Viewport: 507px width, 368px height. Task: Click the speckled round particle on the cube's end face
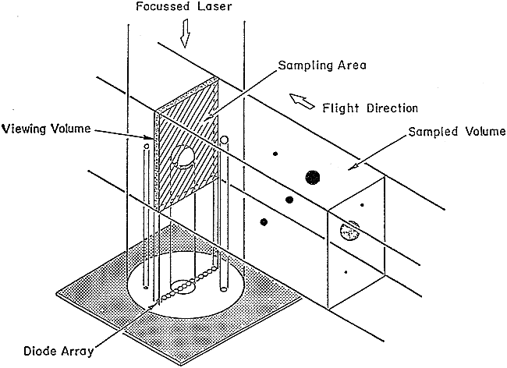[x=349, y=231]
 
